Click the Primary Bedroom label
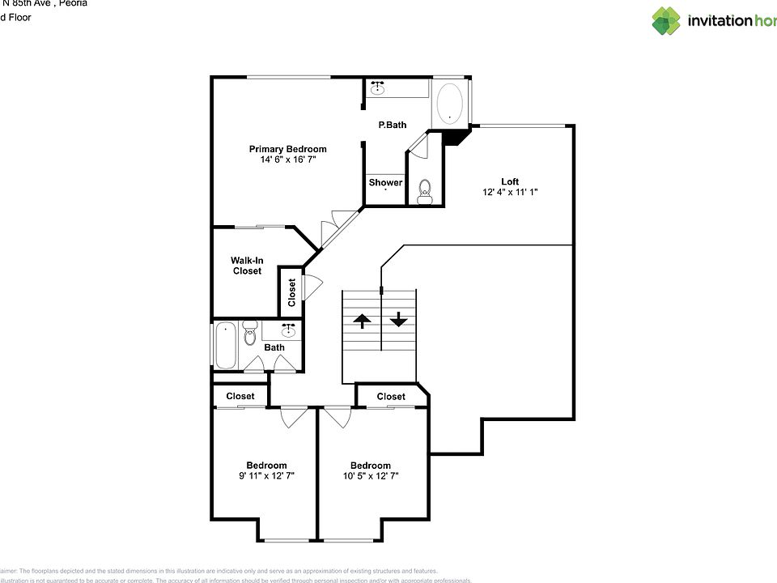pyautogui.click(x=287, y=149)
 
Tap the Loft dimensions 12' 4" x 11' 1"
pyautogui.click(x=509, y=193)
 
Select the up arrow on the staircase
pyautogui.click(x=362, y=321)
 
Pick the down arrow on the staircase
pyautogui.click(x=398, y=321)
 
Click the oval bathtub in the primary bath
pyautogui.click(x=450, y=104)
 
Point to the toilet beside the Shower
pyautogui.click(x=426, y=192)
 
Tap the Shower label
pyautogui.click(x=385, y=183)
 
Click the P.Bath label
pyautogui.click(x=393, y=126)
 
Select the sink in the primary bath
pyautogui.click(x=377, y=89)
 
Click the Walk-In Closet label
pyautogui.click(x=247, y=266)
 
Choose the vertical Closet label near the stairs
pyautogui.click(x=292, y=292)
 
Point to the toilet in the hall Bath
pyautogui.click(x=249, y=331)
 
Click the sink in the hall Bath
pyautogui.click(x=288, y=330)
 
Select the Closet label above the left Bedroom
pyautogui.click(x=240, y=396)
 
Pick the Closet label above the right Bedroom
pyautogui.click(x=391, y=396)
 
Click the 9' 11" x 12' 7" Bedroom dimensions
pyautogui.click(x=266, y=476)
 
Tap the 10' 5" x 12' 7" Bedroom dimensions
pyautogui.click(x=370, y=476)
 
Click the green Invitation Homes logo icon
pyautogui.click(x=666, y=21)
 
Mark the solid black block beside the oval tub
pyautogui.click(x=456, y=137)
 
